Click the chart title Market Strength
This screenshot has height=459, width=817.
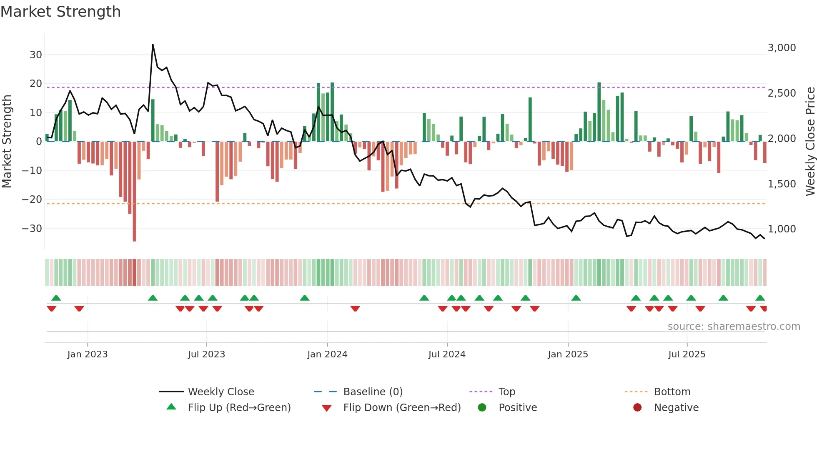60,12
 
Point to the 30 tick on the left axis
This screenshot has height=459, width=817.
36,55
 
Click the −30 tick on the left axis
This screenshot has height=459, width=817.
32,228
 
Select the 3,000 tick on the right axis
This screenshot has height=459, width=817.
782,48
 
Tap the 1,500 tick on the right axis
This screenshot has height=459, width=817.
782,184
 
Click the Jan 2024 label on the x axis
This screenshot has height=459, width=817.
327,354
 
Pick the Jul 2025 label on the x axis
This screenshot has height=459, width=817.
687,354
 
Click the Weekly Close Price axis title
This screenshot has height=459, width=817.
810,142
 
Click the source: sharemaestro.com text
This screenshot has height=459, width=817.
734,326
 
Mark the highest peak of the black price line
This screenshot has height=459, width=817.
153,45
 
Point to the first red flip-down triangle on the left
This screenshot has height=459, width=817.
52,308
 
